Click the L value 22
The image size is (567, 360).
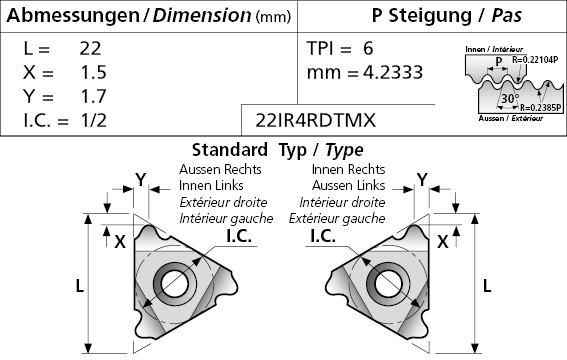(90, 48)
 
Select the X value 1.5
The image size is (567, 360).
(94, 72)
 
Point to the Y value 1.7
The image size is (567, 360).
(94, 96)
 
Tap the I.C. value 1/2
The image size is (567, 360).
(94, 120)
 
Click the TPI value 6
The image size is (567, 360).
(368, 48)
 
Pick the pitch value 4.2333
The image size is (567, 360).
(393, 72)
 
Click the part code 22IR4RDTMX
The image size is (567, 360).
(316, 120)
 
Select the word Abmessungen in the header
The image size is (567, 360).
(73, 16)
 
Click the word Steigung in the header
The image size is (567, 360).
(430, 16)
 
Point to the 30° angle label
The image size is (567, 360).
(510, 98)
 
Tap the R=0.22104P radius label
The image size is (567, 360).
(535, 60)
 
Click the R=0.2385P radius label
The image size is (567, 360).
(541, 107)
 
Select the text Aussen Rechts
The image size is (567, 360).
(220, 169)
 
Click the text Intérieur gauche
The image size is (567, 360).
(226, 218)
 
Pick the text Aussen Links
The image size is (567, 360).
(348, 185)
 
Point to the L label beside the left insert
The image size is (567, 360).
(79, 286)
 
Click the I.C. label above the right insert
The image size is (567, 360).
(323, 236)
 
